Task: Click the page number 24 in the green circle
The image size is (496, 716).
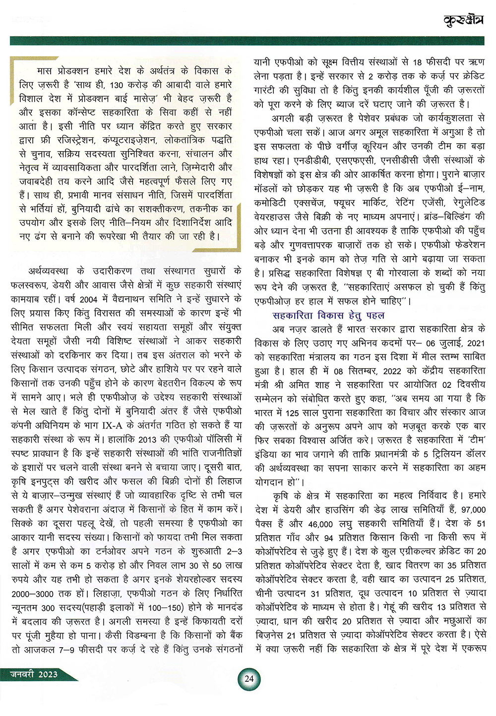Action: click(x=249, y=678)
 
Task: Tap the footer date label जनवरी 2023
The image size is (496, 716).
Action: click(x=34, y=674)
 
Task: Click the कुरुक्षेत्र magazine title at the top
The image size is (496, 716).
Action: click(x=463, y=20)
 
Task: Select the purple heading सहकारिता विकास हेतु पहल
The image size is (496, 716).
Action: click(x=328, y=315)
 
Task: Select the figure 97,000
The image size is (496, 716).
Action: click(x=473, y=509)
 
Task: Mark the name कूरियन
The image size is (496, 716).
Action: click(x=373, y=147)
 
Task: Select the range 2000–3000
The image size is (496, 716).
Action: click(x=31, y=593)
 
